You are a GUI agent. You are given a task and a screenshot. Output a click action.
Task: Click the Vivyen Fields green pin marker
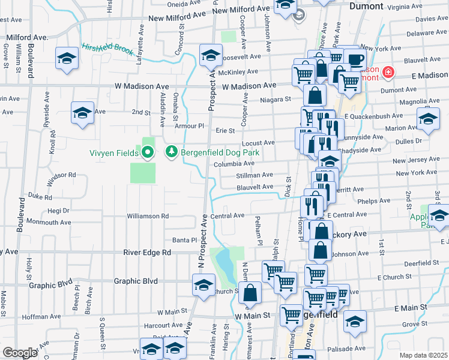148,152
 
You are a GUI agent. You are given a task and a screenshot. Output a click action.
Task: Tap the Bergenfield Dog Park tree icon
172,152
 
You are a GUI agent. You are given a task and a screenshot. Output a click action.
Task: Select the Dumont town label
366,6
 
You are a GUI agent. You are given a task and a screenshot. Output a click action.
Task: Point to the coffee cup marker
356,59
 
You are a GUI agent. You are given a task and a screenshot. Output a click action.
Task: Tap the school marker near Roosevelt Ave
210,56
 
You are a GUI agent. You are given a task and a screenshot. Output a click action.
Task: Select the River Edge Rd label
147,253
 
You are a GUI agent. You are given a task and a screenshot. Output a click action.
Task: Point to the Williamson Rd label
148,216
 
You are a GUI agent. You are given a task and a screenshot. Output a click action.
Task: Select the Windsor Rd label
63,175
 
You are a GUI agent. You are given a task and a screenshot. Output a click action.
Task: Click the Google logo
20,353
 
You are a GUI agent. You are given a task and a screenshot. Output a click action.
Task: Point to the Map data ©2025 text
424,355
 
